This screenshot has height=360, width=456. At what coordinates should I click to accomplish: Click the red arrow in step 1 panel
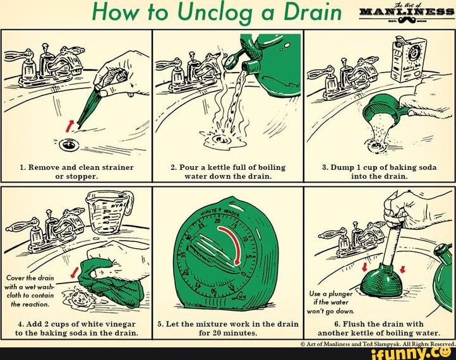70,121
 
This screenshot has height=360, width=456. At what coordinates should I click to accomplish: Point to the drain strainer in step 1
68,145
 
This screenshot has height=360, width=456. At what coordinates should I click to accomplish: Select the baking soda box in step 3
404,61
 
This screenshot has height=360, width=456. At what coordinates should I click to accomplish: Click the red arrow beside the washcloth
75,272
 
